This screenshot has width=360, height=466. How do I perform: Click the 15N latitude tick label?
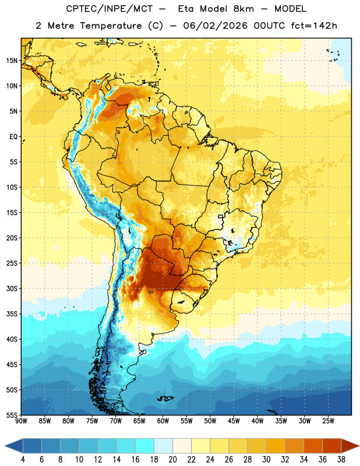[x=12, y=61]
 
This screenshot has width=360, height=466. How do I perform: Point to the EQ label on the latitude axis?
[x=13, y=137]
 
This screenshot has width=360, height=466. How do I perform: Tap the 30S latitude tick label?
[x=12, y=288]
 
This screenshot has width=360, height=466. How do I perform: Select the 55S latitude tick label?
[x=12, y=415]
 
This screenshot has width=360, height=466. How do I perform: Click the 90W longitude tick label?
[x=21, y=421]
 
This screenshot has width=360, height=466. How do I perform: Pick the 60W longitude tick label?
[x=163, y=421]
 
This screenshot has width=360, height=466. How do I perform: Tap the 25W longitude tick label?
[x=328, y=421]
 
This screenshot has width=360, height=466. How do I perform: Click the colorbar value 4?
[x=23, y=460]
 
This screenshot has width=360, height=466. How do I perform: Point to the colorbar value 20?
[x=172, y=460]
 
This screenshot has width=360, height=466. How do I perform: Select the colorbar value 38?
[x=341, y=460]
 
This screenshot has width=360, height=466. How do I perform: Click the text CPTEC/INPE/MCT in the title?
[x=110, y=9]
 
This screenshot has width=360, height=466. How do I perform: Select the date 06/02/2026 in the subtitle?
[x=215, y=26]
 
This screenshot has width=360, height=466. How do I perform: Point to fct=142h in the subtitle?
[x=314, y=26]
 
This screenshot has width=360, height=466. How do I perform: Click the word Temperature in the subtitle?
[x=111, y=26]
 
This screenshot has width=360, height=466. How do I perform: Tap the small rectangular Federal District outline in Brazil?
[x=221, y=216]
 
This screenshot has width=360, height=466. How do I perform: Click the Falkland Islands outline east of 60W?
[x=165, y=398]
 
